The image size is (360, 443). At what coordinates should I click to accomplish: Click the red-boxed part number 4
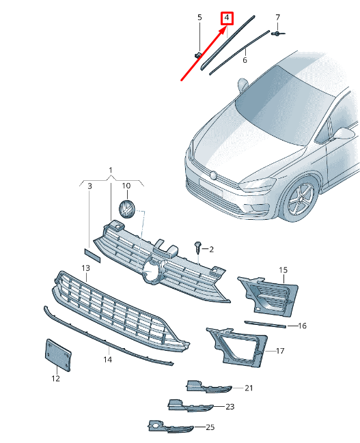pos(227,18)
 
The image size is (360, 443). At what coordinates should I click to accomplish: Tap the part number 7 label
pos(278,18)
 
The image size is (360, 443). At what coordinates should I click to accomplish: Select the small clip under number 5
pos(198,55)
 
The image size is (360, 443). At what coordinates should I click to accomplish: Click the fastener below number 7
pos(278,33)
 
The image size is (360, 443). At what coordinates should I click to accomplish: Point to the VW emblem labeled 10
pos(126,210)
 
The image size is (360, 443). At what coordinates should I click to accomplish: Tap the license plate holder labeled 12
pos(58,356)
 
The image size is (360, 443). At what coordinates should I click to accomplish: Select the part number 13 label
pos(85,268)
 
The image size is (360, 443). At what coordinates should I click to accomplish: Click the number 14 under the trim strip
pos(107,359)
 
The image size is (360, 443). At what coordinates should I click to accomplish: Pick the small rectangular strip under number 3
pos(92,255)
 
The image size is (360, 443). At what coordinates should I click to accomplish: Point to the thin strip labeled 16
pos(265,324)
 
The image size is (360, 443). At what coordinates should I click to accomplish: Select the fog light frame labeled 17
pos(237,348)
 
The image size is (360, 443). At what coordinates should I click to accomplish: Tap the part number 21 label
pos(249,388)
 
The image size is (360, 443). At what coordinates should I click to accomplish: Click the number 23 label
pos(230,407)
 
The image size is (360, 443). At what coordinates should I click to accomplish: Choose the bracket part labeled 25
pos(171,427)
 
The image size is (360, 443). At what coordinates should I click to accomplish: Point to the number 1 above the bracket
pos(111,170)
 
